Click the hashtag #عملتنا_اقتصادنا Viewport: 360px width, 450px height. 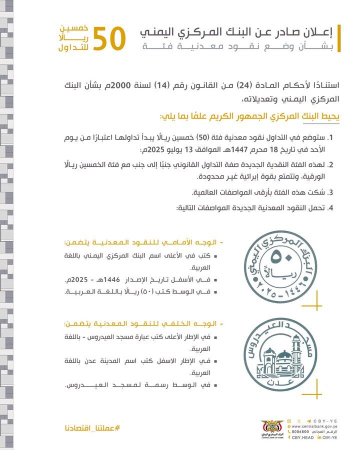click(92, 428)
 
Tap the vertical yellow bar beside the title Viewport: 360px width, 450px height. click(338, 38)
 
